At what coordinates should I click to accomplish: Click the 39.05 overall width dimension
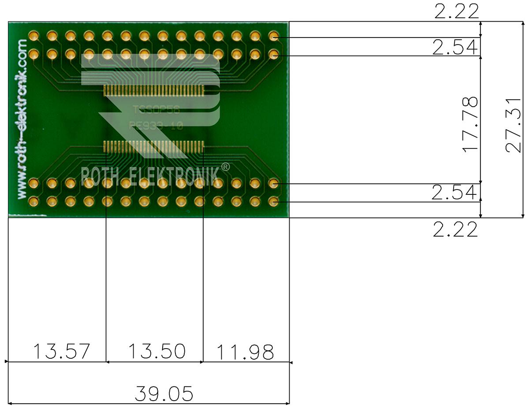[x=164, y=394]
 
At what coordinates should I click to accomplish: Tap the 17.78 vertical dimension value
[x=470, y=125]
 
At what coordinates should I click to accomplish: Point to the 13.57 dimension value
[x=61, y=352]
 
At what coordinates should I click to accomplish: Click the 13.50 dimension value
[x=156, y=352]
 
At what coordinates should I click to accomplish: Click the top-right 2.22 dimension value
[x=456, y=11]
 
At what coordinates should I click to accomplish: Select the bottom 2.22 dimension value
[x=455, y=230]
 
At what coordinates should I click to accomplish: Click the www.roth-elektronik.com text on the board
[x=22, y=119]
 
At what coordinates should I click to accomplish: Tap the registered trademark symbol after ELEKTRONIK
[x=225, y=167]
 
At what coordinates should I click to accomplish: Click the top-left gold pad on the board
[x=34, y=36]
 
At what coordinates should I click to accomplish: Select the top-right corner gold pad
[x=273, y=36]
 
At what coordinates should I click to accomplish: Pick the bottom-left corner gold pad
[x=34, y=201]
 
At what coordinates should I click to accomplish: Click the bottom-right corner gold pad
[x=273, y=201]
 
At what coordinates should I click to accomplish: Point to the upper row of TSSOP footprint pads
[x=153, y=91]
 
